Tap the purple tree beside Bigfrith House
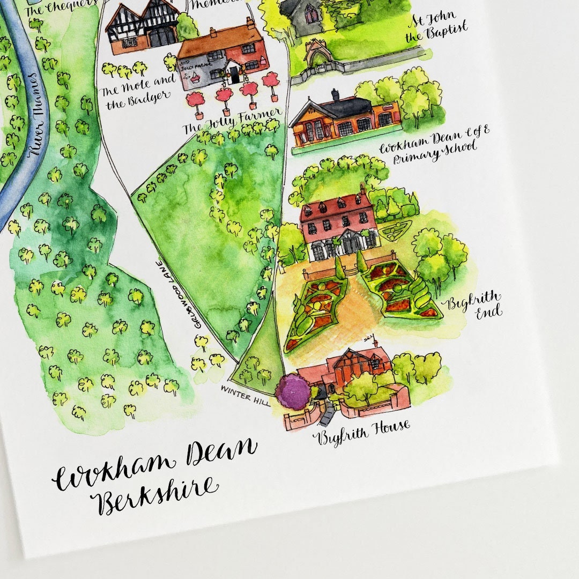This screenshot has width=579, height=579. (293, 391)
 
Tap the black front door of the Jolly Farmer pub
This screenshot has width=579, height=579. (235, 75)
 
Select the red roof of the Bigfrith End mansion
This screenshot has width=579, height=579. (336, 206)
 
